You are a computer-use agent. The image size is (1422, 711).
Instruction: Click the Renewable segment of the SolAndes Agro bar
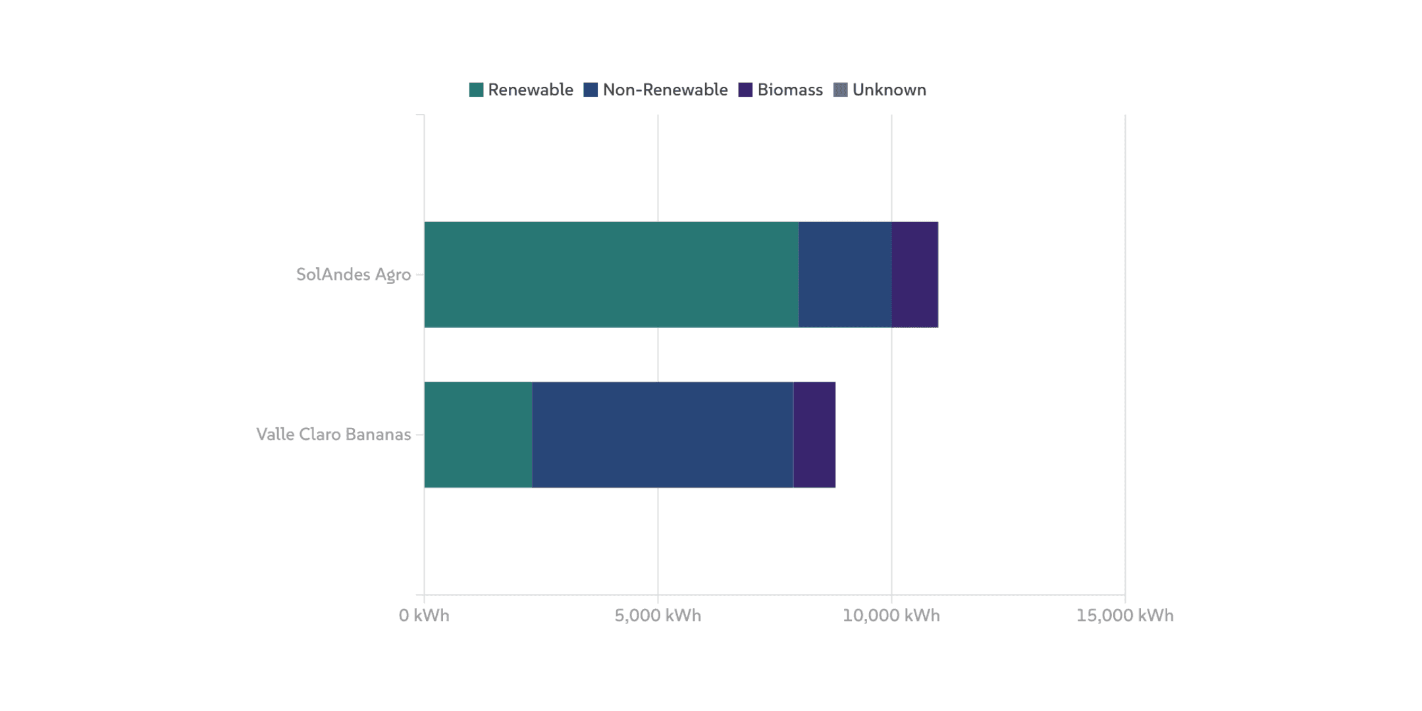point(611,275)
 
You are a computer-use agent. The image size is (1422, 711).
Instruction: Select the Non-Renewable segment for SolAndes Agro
point(845,275)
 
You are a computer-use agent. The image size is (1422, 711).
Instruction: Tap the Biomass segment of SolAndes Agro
point(914,275)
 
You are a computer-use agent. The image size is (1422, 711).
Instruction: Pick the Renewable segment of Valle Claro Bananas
point(478,434)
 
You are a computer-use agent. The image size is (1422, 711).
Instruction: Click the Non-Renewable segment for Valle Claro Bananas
point(662,434)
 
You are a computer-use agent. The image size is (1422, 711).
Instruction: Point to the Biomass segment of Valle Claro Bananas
point(814,434)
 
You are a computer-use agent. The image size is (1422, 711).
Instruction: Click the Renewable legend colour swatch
point(476,90)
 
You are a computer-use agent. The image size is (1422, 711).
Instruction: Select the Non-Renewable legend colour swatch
point(591,90)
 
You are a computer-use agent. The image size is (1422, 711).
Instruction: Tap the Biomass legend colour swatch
point(745,90)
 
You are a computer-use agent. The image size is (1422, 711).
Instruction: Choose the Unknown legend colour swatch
point(841,90)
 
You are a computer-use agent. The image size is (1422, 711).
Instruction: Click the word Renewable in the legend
point(530,90)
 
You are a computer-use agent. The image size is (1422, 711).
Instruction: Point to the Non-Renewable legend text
point(665,90)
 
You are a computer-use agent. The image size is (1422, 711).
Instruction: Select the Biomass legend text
point(790,90)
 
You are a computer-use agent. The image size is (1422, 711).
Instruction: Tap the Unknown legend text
point(889,90)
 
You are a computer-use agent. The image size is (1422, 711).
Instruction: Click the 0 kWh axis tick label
point(424,616)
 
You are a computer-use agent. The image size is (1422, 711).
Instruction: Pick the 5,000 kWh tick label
point(658,616)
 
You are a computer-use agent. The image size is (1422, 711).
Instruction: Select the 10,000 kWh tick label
point(891,616)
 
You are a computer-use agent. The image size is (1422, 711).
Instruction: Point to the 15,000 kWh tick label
point(1124,616)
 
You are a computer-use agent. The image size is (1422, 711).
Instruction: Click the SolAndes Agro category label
point(354,275)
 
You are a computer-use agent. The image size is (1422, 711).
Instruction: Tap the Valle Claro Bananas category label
point(333,434)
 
